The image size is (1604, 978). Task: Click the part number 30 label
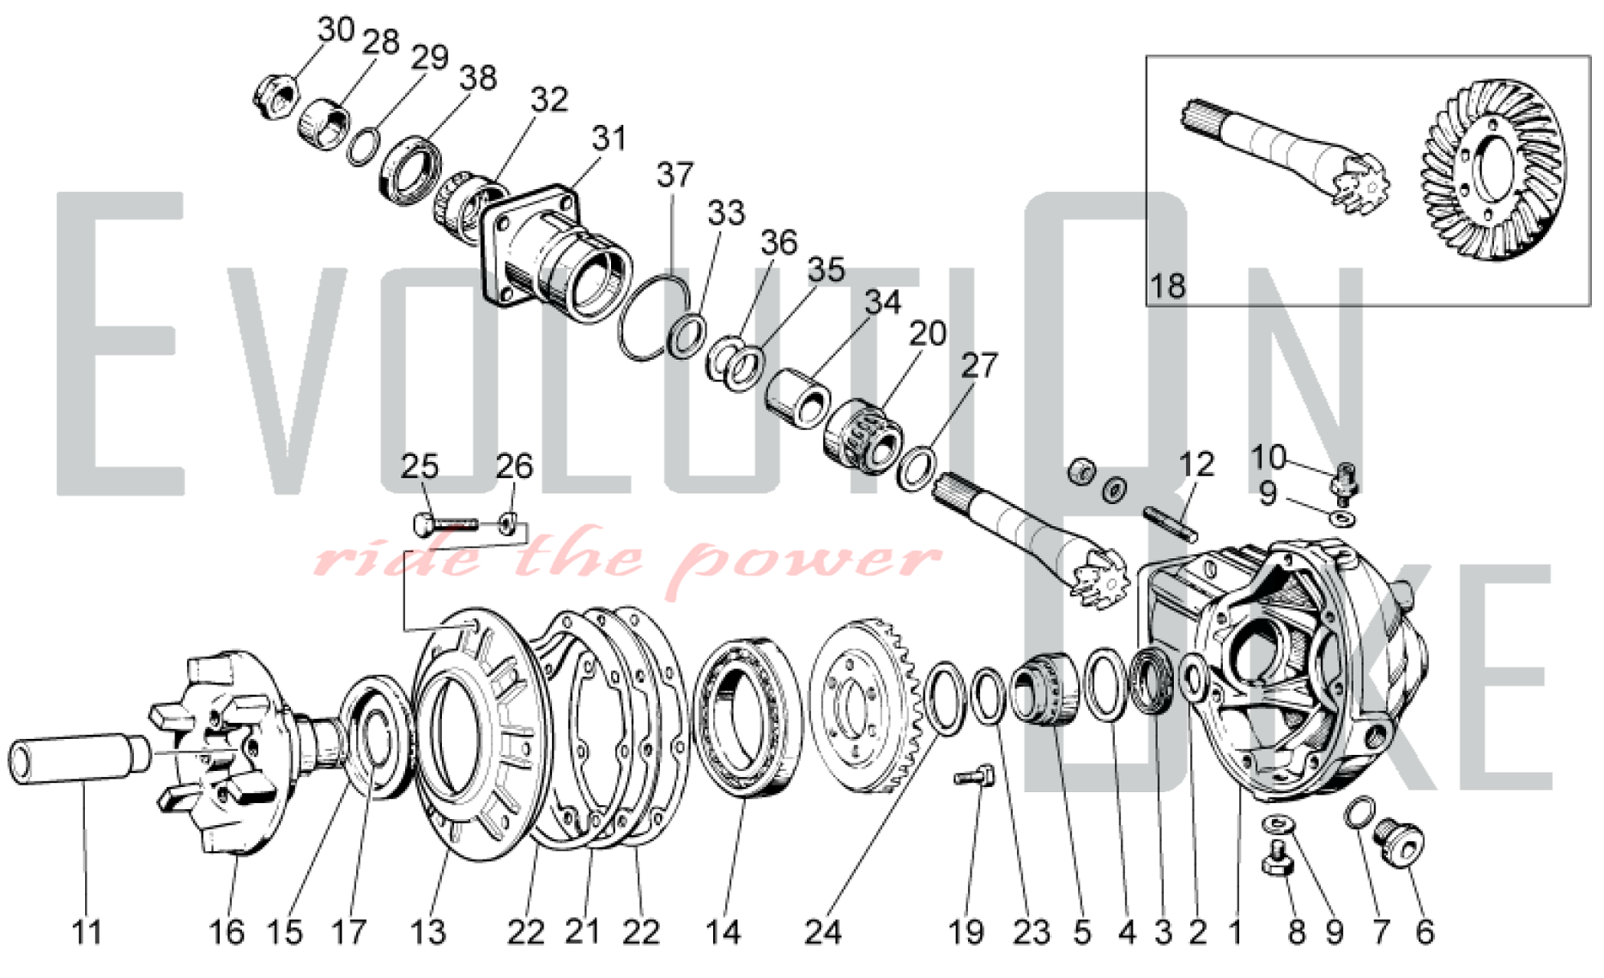pyautogui.click(x=336, y=30)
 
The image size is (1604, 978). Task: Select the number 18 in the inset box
pyautogui.click(x=1168, y=285)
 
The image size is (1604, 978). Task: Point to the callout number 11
pyautogui.click(x=87, y=932)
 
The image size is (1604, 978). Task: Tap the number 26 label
pyautogui.click(x=513, y=466)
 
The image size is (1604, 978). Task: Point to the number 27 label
pyautogui.click(x=978, y=366)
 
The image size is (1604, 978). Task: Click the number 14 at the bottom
pyautogui.click(x=723, y=932)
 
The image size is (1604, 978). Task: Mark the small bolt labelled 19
pyautogui.click(x=974, y=775)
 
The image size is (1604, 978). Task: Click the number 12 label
pyautogui.click(x=1196, y=465)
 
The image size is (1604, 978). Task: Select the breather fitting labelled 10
pyautogui.click(x=1345, y=480)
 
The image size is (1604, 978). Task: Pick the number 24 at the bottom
pyautogui.click(x=824, y=932)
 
